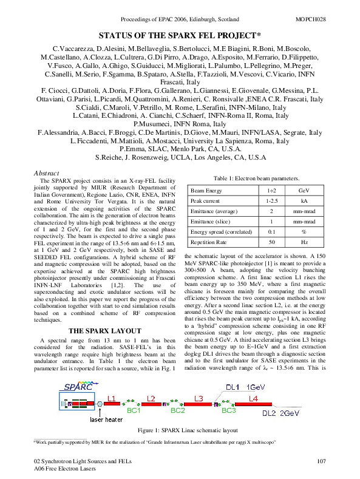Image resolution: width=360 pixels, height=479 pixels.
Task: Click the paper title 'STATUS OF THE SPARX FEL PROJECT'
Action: pos(180,36)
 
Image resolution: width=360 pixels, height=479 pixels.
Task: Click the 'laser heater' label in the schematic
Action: pos(105,419)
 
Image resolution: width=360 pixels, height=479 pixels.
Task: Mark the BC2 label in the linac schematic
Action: pos(177,410)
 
